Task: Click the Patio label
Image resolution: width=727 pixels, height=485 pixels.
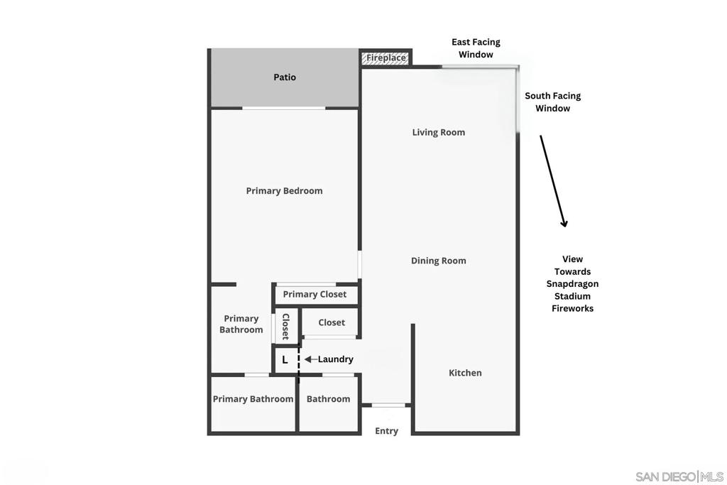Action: [284, 77]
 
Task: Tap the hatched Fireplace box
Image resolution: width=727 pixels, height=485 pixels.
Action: [385, 58]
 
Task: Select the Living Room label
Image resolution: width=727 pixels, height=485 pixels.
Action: [438, 132]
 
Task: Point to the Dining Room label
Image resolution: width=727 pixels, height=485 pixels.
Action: [438, 261]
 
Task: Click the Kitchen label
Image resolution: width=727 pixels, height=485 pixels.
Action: [464, 373]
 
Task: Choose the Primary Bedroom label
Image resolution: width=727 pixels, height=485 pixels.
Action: [284, 191]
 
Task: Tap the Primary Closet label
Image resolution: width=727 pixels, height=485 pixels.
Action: [315, 295]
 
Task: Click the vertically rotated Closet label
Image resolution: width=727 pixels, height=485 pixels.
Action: [285, 327]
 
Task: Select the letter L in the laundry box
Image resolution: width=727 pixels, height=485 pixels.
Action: [285, 360]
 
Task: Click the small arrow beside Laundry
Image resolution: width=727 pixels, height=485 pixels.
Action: [311, 359]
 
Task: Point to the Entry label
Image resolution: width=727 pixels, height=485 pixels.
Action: [386, 431]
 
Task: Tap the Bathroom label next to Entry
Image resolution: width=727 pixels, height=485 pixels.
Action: [328, 399]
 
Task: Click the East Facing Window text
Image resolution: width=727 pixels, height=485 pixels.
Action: [476, 48]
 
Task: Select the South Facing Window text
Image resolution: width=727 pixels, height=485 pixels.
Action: [552, 102]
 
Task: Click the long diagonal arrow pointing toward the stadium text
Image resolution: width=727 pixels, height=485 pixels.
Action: [552, 181]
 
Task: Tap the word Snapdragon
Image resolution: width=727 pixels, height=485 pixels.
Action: [572, 284]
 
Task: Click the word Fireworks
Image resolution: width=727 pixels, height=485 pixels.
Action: [572, 308]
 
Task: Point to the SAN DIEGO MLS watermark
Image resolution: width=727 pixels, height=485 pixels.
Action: [679, 476]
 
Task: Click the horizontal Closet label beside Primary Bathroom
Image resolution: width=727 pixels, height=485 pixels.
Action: [331, 322]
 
